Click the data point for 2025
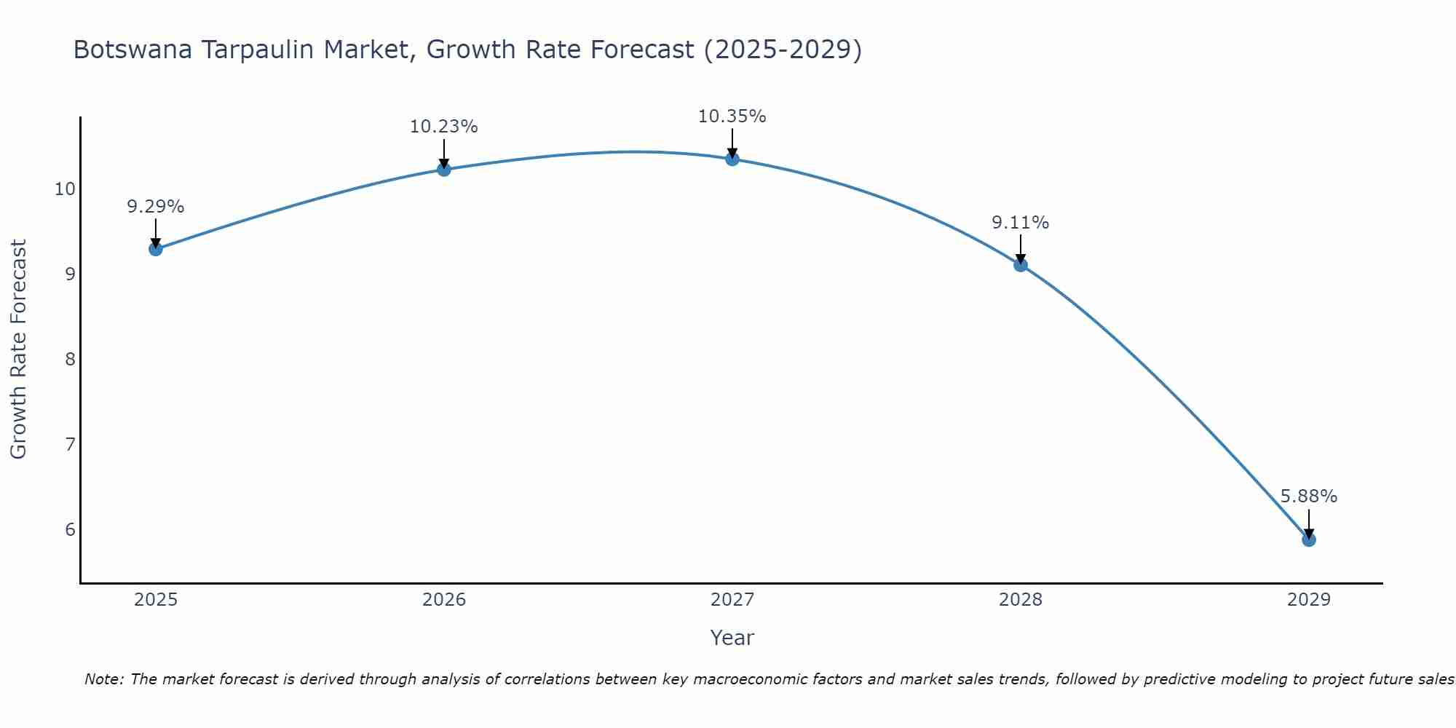[155, 249]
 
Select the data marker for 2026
[443, 170]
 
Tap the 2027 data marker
[732, 159]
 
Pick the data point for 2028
[1020, 265]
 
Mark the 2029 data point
[1308, 539]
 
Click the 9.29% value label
[155, 207]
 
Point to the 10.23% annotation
[443, 127]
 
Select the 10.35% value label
[732, 116]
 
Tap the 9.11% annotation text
[1020, 223]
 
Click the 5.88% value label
[1308, 496]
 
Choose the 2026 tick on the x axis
[443, 600]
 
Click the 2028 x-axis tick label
[1020, 600]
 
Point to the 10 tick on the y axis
[65, 189]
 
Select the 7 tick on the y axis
[70, 444]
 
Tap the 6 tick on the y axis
[70, 529]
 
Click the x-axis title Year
[732, 638]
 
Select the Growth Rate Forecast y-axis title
[18, 349]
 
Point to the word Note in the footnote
[104, 679]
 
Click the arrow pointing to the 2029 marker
[1308, 523]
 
